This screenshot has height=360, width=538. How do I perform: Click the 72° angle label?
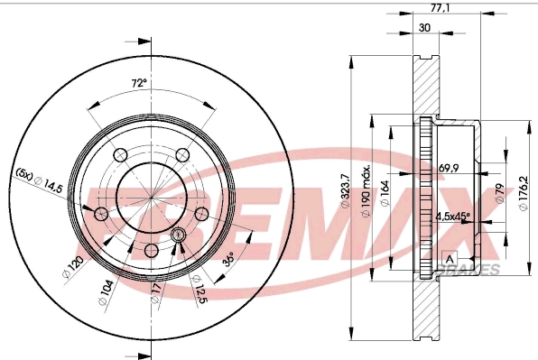[x=138, y=84]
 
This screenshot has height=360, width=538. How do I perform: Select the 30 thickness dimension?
[x=424, y=29]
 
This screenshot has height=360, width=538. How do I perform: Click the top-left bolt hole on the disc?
[x=118, y=153]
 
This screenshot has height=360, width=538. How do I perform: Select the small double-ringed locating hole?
[x=177, y=235]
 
